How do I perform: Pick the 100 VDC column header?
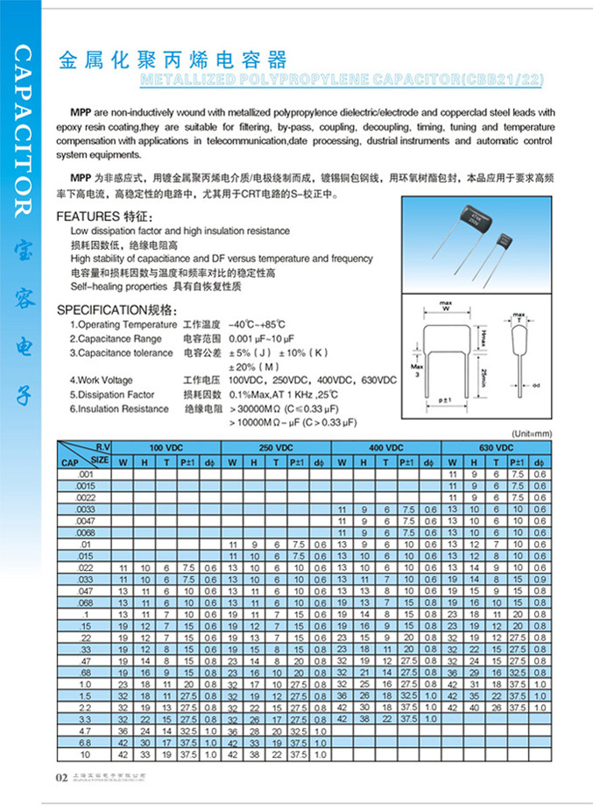coord(166,448)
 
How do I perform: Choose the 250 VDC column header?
coord(277,448)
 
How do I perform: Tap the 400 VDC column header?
coord(386,448)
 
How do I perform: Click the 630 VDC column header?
coord(496,448)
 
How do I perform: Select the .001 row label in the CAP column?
coord(85,474)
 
